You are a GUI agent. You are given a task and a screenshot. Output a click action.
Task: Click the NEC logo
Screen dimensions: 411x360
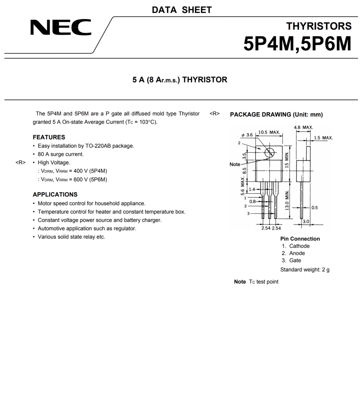tap(61, 27)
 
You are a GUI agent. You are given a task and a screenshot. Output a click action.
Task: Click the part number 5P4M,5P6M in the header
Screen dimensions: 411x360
tap(297, 44)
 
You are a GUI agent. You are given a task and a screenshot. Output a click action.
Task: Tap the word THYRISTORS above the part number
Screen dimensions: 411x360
tap(319, 26)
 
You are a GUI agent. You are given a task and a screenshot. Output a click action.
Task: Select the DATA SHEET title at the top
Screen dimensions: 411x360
tap(182, 10)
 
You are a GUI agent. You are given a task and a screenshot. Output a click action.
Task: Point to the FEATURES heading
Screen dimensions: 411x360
tap(49, 137)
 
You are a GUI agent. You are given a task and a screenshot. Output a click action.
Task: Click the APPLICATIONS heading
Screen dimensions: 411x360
tap(55, 195)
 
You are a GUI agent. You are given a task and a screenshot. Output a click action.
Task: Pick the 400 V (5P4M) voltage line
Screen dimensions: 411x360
tap(74, 171)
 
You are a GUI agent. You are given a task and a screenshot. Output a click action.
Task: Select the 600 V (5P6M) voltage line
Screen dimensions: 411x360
tap(74, 179)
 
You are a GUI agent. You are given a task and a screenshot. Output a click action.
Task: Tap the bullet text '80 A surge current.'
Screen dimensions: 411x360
tap(61, 154)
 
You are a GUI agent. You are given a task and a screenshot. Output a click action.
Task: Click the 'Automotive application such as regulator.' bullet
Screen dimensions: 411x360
tap(87, 228)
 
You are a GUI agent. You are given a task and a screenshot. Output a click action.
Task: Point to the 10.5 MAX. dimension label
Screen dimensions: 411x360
tap(269, 132)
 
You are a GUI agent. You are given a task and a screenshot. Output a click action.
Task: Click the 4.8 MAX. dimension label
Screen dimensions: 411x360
tap(303, 127)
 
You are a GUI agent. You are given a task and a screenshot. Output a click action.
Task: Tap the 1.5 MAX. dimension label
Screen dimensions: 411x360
tap(323, 138)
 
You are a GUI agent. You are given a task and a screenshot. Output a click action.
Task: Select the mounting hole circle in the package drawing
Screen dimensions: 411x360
tap(270, 152)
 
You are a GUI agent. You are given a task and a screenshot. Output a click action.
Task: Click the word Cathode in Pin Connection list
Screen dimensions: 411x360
tap(299, 246)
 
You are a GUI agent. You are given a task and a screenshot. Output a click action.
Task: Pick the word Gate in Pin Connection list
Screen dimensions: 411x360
tap(295, 260)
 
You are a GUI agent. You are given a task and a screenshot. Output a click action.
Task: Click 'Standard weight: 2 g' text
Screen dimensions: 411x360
tap(305, 270)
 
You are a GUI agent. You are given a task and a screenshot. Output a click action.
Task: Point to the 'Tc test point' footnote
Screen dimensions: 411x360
tap(263, 282)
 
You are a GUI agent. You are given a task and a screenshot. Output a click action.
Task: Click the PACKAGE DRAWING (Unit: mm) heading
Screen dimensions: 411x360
tap(276, 114)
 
